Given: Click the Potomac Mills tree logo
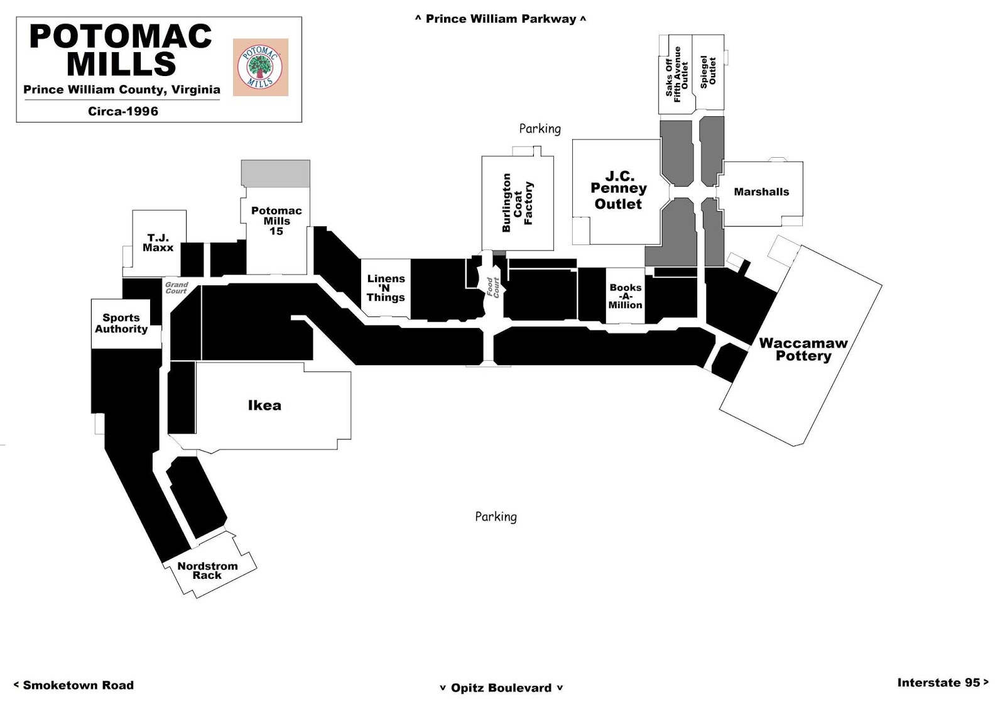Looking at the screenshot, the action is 260,67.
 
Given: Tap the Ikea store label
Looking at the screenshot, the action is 264,405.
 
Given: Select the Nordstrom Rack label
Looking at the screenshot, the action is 207,571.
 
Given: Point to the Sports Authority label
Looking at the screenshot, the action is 121,323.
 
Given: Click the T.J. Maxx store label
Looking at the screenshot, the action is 158,243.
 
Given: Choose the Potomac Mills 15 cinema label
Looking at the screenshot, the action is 276,221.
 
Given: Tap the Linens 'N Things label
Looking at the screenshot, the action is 386,288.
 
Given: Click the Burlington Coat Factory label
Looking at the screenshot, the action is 518,203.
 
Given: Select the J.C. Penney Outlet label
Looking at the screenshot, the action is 619,190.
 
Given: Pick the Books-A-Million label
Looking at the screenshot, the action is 625,296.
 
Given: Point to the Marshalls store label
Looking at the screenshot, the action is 761,192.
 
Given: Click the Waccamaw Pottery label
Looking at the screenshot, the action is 803,349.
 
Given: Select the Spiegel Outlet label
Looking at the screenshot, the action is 708,72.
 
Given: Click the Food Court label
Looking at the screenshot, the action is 492,287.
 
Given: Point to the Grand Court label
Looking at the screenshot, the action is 177,288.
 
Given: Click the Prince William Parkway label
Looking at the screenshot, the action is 501,19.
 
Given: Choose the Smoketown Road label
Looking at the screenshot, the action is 73,685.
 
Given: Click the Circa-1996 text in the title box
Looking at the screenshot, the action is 123,111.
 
